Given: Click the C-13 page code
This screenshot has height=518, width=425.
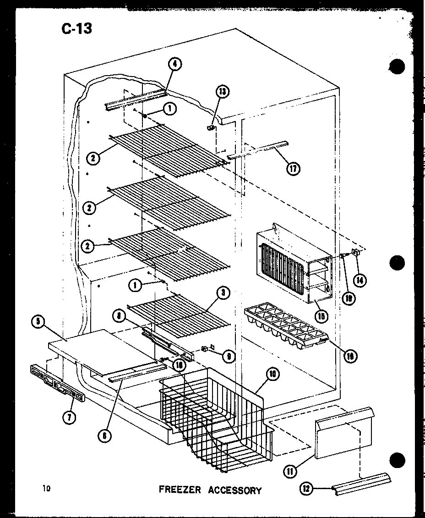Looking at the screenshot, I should click(x=76, y=28).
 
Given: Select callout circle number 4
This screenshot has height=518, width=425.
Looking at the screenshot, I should click(x=174, y=65).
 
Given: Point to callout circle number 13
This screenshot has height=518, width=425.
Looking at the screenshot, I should click(x=223, y=91).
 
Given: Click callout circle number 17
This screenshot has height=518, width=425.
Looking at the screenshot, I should click(x=293, y=168).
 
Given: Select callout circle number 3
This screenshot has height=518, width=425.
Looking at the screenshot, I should click(x=223, y=294).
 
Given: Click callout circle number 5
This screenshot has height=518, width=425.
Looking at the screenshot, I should click(x=38, y=322).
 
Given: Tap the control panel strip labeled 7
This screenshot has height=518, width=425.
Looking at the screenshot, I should click(x=58, y=382).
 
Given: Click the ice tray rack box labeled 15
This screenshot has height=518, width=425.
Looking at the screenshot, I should click(x=293, y=266).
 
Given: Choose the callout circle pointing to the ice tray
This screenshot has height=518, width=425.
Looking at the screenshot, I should click(x=351, y=356).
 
